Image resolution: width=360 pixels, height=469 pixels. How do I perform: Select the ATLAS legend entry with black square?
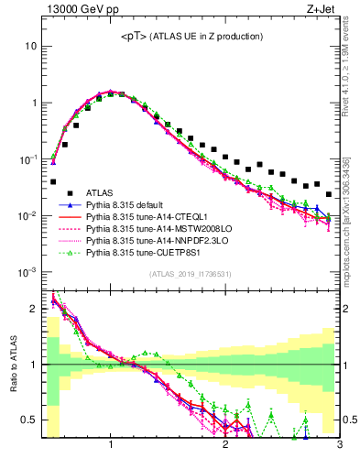(102, 192)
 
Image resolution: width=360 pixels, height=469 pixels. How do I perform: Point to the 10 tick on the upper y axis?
(31, 46)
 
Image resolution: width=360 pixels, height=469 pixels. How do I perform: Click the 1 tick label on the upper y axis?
(34, 103)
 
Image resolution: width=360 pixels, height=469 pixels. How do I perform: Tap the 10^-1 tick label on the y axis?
(27, 159)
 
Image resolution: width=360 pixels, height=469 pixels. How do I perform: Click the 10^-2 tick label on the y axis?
(27, 216)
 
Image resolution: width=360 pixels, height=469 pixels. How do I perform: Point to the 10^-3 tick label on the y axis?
(27, 273)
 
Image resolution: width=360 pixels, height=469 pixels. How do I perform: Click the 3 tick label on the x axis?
(340, 446)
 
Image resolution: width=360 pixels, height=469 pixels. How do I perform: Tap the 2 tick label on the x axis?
(225, 446)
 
